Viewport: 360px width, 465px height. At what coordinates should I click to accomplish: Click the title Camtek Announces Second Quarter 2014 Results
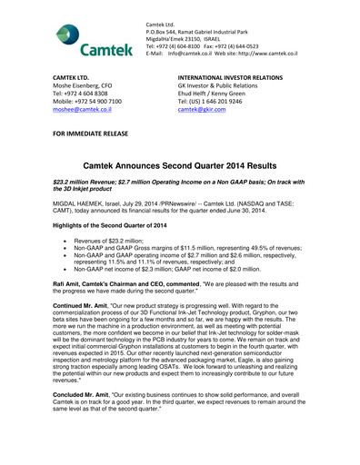(180, 169)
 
